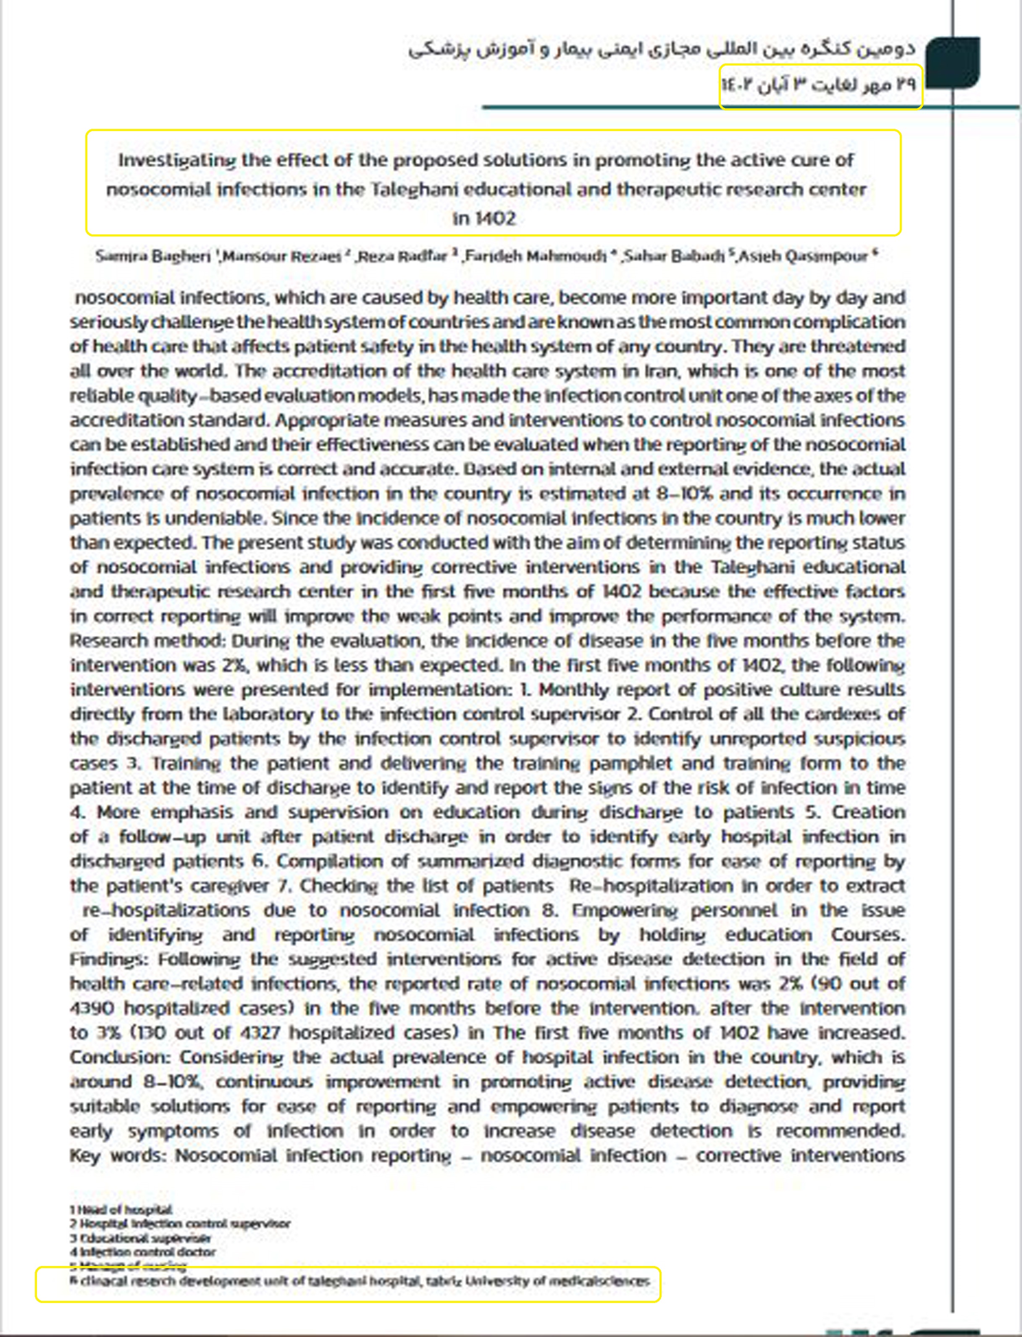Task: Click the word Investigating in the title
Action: [176, 160]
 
